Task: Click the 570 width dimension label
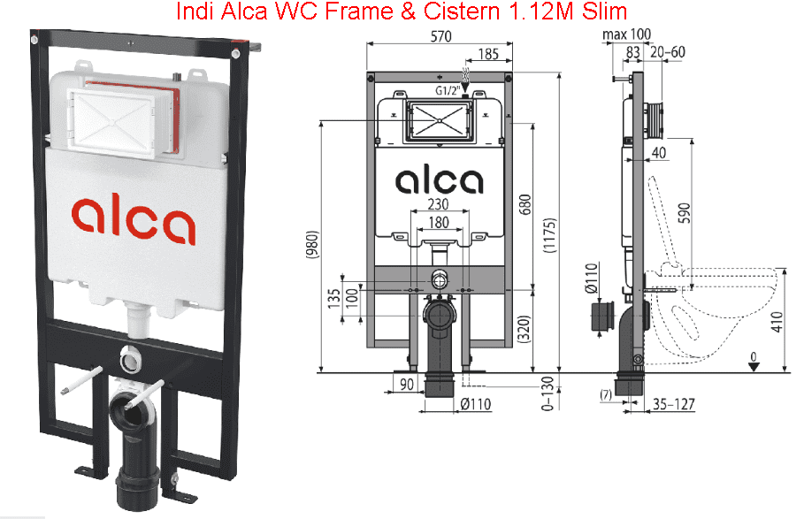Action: (441, 36)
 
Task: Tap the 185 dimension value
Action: (488, 54)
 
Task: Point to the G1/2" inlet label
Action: (448, 91)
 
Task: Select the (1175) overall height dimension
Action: (549, 235)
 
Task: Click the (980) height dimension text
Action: (313, 244)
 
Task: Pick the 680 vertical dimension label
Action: (525, 205)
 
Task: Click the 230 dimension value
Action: (438, 204)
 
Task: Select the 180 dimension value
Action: (439, 222)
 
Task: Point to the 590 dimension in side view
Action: (684, 213)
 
